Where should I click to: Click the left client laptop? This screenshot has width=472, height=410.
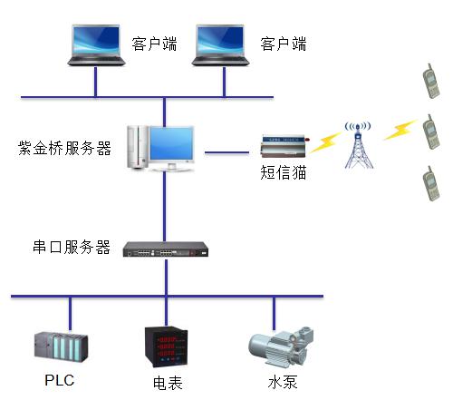(x=96, y=44)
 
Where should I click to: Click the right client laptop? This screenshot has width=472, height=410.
(x=220, y=44)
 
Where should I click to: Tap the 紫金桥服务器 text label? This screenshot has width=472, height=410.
(x=64, y=148)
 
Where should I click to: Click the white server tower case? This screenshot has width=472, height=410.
(x=138, y=147)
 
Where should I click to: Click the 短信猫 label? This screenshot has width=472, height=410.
(x=283, y=172)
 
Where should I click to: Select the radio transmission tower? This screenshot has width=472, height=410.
(x=359, y=145)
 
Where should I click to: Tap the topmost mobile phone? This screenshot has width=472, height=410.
(x=431, y=81)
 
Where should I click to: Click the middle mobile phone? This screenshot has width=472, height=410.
(x=431, y=132)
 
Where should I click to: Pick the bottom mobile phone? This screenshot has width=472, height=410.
(x=431, y=183)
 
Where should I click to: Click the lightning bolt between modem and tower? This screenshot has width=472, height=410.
(x=326, y=142)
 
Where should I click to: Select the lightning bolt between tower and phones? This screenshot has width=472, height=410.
(x=400, y=130)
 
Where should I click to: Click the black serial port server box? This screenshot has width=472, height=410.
(x=166, y=249)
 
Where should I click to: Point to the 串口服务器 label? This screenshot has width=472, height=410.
(x=72, y=247)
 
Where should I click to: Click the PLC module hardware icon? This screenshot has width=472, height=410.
(x=61, y=347)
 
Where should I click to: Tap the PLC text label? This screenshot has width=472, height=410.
(x=60, y=380)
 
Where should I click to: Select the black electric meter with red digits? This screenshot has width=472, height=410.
(x=167, y=347)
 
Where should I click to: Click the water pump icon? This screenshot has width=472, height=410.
(x=281, y=347)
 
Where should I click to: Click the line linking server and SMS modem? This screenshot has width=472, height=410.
(x=226, y=152)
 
